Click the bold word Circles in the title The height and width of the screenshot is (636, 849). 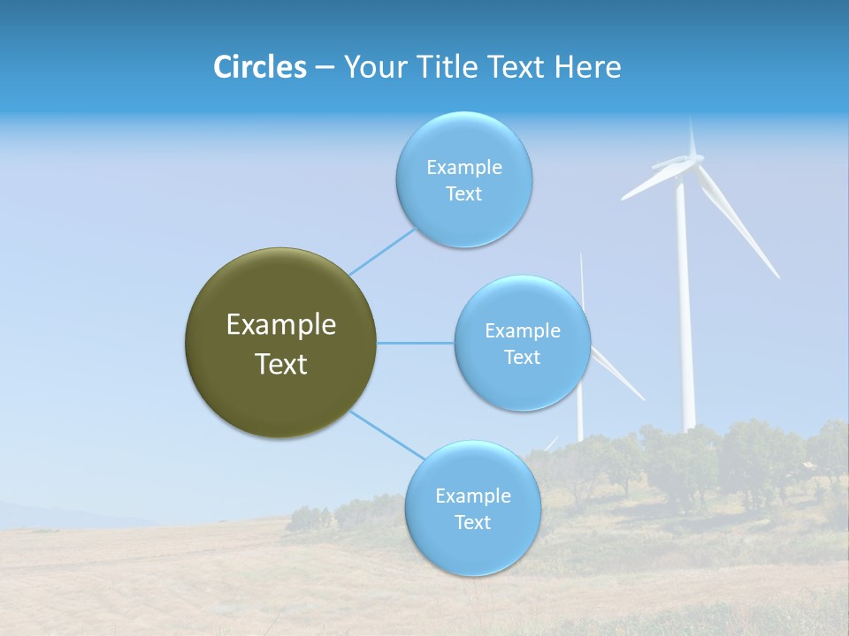259,67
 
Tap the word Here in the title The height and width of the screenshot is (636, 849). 587,67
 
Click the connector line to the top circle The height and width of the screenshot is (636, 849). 382,251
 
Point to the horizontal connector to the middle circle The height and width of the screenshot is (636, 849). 415,343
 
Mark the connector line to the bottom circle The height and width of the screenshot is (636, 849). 386,434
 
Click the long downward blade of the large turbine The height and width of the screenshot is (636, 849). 738,225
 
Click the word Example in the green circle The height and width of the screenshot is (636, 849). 280,325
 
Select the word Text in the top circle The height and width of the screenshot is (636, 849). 463,194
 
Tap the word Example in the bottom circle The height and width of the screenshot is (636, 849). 472,496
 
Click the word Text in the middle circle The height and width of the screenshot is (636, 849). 522,358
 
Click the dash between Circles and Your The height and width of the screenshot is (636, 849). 324,68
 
